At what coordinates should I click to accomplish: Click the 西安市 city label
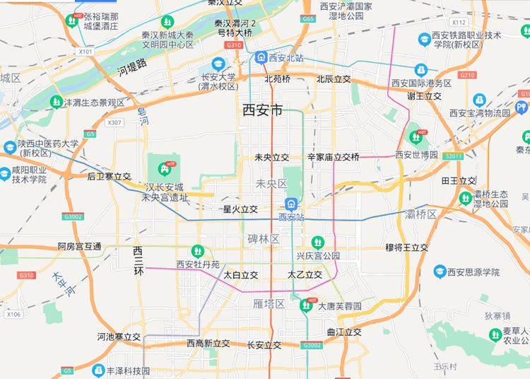click(262, 110)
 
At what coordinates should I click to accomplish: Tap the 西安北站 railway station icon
click(261, 57)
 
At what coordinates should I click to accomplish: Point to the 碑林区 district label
click(264, 239)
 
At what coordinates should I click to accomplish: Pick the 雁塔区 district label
click(269, 303)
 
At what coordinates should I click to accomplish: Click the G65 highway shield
click(307, 19)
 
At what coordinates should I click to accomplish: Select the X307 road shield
click(114, 122)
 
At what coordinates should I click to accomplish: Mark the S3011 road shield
click(454, 156)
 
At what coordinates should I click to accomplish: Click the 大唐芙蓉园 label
click(339, 306)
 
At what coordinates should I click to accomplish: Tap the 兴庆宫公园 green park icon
click(317, 242)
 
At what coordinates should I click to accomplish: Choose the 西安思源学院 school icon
click(440, 272)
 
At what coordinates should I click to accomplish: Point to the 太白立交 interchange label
click(240, 274)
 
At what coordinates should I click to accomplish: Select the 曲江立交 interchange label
click(344, 332)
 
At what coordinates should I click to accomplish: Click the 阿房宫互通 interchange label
click(79, 247)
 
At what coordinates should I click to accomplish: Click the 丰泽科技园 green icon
click(100, 370)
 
